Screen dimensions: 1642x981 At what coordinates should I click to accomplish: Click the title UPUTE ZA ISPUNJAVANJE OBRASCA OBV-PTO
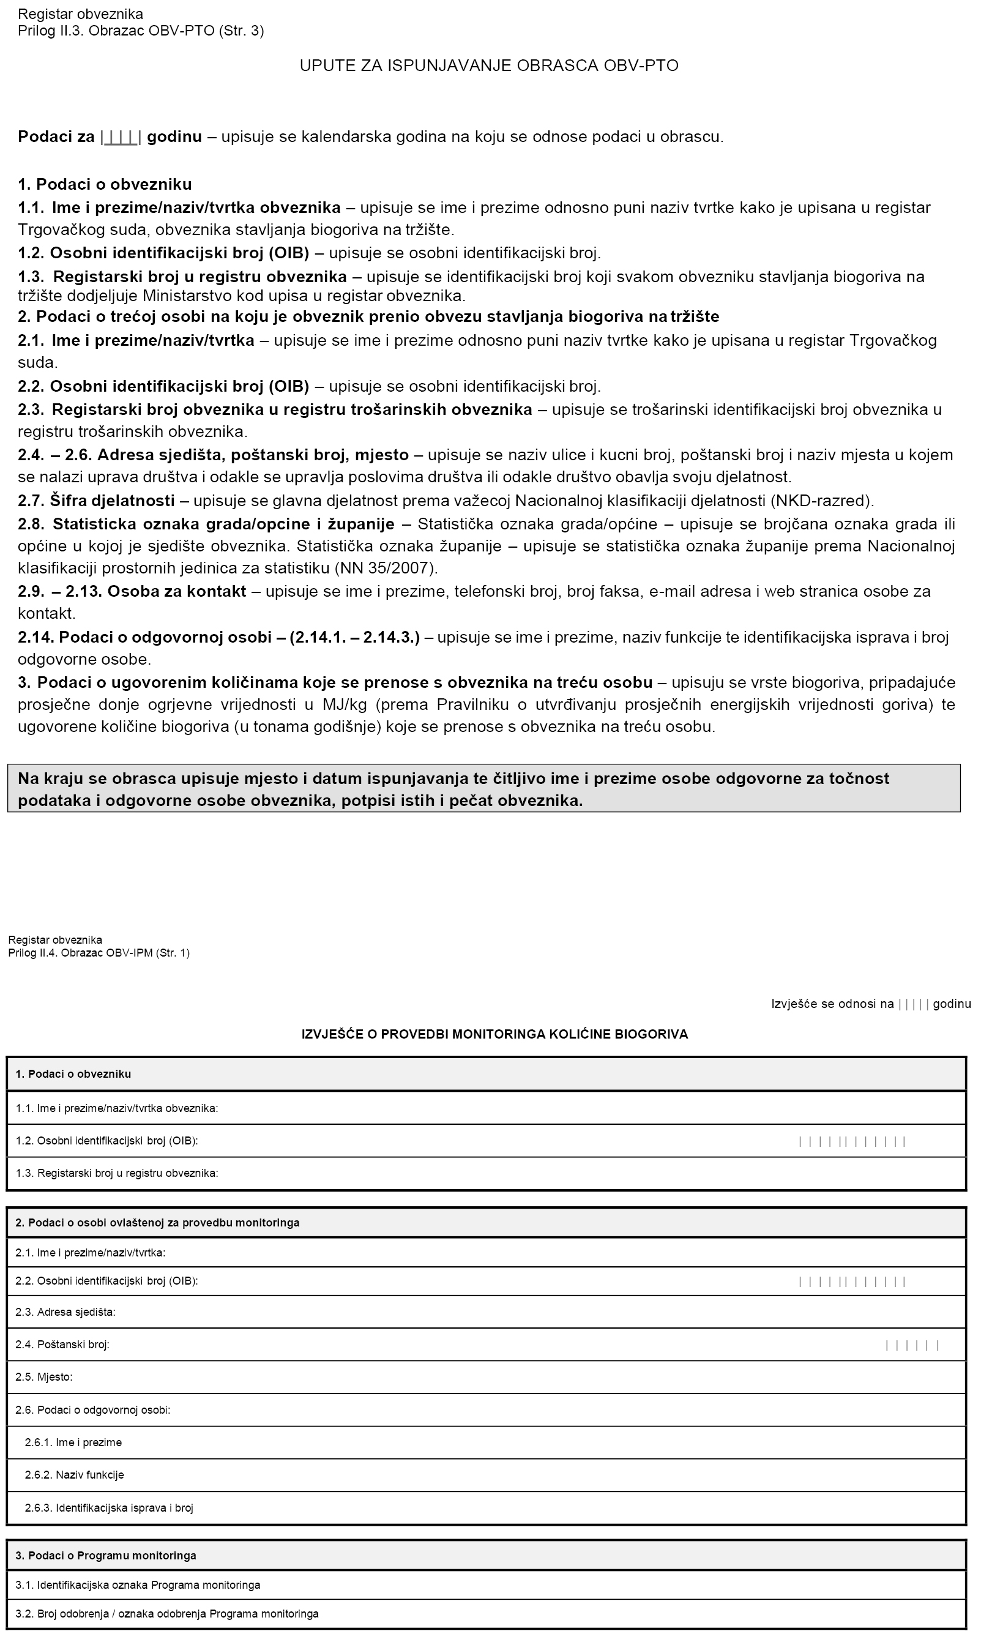[x=489, y=65]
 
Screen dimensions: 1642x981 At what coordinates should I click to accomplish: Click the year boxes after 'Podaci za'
[x=121, y=138]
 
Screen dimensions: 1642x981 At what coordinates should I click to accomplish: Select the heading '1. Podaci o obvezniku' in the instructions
[x=105, y=184]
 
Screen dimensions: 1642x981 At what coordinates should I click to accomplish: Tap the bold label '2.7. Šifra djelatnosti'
[x=97, y=501]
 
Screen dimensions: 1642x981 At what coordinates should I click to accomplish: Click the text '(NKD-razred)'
[x=822, y=501]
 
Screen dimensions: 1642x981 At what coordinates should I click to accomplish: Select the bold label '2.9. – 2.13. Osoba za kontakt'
[x=132, y=591]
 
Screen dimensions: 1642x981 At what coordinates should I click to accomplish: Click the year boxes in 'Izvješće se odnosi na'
[x=914, y=1004]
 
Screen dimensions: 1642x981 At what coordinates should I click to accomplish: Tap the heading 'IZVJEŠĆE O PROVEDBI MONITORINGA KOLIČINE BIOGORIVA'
[x=494, y=1034]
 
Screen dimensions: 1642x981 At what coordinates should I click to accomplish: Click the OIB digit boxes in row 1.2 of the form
[x=851, y=1141]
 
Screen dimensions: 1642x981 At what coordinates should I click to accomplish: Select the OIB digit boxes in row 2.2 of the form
[x=851, y=1281]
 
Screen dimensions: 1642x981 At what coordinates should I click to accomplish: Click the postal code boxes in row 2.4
[x=912, y=1345]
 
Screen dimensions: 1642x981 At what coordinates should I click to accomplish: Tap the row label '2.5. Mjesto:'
[x=43, y=1377]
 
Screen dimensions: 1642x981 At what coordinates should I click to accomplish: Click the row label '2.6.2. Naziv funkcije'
[x=74, y=1475]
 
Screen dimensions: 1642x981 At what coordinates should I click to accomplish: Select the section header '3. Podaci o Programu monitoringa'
[x=106, y=1556]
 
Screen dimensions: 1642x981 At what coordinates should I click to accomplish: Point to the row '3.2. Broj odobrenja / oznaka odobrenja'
[x=166, y=1614]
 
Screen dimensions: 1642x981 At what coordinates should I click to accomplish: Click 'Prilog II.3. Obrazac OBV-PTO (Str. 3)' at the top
[x=141, y=31]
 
